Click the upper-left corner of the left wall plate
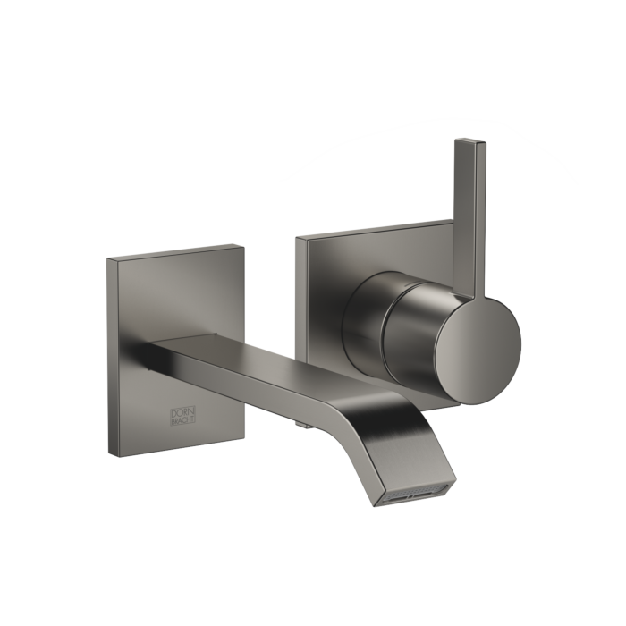(x=106, y=259)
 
